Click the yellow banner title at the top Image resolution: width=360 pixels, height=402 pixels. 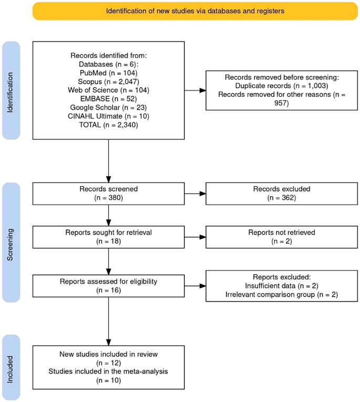point(195,11)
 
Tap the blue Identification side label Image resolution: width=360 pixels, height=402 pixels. point(11,90)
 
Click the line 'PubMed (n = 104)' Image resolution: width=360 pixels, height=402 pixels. point(109,73)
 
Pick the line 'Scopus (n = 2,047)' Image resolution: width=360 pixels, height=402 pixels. point(109,82)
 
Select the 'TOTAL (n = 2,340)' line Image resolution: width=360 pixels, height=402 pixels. point(109,125)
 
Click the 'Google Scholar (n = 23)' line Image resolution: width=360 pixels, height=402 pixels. point(109,108)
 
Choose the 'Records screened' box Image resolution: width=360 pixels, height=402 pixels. point(109,194)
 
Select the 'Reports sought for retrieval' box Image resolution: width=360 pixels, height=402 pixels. point(109,237)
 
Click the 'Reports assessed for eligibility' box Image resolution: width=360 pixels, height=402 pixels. point(109,286)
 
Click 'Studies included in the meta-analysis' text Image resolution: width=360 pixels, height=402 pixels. point(109,371)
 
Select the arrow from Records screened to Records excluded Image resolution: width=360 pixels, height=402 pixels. point(195,194)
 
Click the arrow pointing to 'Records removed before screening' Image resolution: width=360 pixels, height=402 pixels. point(195,90)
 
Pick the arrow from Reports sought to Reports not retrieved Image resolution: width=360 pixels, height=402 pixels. point(195,237)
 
